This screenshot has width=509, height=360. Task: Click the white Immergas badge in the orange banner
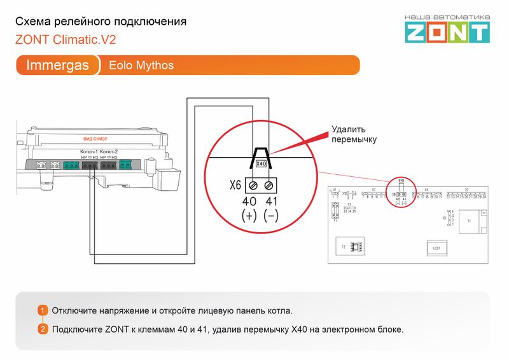pos(57,65)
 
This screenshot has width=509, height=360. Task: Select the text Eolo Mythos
pos(141,65)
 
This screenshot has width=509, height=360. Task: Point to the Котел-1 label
pos(88,151)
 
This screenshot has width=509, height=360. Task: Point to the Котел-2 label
pos(109,151)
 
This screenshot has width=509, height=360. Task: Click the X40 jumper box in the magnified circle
pos(260,163)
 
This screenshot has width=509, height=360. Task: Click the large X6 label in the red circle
pos(235,186)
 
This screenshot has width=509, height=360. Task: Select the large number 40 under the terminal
pos(249,202)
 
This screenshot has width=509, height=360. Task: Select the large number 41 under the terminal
pos(271,202)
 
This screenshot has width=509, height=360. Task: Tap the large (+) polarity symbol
pos(249,216)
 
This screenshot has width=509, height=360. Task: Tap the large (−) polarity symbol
pos(271,216)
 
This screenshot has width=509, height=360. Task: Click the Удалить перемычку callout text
pos(354,134)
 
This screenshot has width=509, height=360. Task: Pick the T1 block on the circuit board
pos(469,222)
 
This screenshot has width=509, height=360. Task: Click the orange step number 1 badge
pos(43,310)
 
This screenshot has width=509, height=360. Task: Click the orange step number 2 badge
pos(43,329)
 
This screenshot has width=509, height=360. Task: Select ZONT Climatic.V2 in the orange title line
pos(66,39)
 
